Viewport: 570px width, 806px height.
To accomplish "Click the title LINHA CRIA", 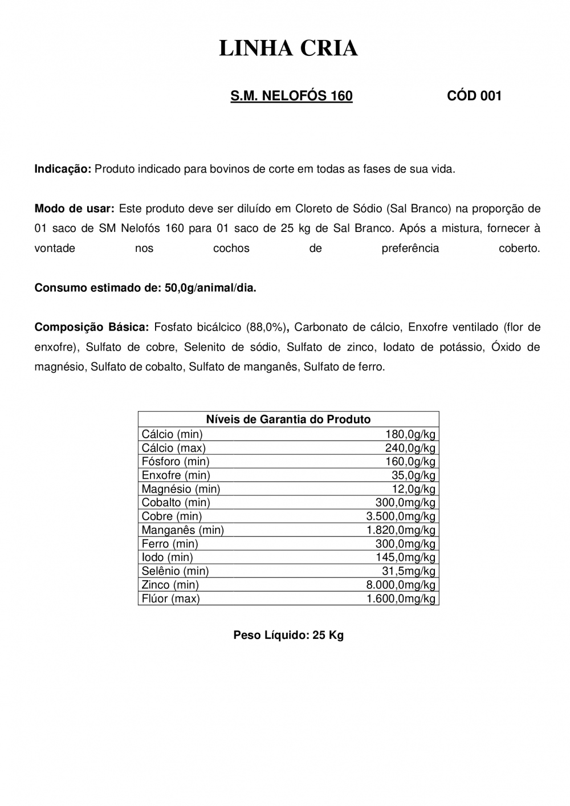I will click(288, 49).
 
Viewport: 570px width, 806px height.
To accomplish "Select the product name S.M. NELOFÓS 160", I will click(291, 96).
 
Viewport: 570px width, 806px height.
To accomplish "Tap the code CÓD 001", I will click(474, 96).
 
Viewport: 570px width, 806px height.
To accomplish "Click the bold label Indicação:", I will click(63, 169).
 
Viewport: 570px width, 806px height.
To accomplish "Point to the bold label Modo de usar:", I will click(75, 209).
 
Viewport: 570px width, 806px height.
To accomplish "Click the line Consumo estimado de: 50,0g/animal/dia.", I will click(145, 288).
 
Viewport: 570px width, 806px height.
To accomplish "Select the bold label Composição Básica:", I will click(92, 327).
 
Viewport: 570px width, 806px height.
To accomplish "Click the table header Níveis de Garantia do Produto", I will click(288, 420).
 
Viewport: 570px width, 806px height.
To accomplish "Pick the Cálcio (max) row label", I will click(173, 448).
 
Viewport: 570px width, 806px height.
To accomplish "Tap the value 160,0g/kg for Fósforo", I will click(410, 462).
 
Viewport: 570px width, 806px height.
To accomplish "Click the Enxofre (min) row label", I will click(176, 475).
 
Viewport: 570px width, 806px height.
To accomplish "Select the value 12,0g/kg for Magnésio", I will click(414, 489).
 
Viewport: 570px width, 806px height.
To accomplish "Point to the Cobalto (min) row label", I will click(176, 503).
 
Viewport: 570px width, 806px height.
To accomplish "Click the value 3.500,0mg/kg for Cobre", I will click(400, 516).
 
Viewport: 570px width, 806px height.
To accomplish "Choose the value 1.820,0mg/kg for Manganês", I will click(400, 530).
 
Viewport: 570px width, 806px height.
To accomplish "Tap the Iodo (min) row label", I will click(167, 557).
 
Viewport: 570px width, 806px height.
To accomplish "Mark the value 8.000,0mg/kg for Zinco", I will click(400, 585).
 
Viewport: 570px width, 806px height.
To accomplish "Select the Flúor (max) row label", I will click(170, 599).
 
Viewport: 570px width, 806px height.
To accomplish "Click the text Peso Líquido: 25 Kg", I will click(288, 635).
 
